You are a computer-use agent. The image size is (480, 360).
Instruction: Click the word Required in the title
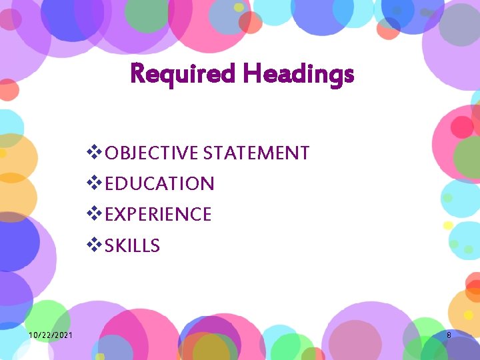click(182, 73)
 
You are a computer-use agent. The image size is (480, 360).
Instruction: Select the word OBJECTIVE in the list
click(152, 153)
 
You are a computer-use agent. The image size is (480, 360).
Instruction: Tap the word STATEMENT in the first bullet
click(256, 153)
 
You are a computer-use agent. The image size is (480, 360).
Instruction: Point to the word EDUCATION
click(160, 184)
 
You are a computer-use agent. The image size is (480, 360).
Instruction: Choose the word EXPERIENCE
click(159, 215)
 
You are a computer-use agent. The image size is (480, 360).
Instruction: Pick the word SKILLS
click(133, 246)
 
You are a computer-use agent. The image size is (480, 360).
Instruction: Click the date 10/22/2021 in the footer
click(51, 335)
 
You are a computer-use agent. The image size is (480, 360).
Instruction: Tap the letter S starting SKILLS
click(110, 246)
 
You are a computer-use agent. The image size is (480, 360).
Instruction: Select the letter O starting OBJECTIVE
click(112, 153)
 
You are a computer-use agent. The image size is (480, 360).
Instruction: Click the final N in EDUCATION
click(207, 184)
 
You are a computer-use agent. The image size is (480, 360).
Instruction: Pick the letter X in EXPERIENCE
click(122, 215)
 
